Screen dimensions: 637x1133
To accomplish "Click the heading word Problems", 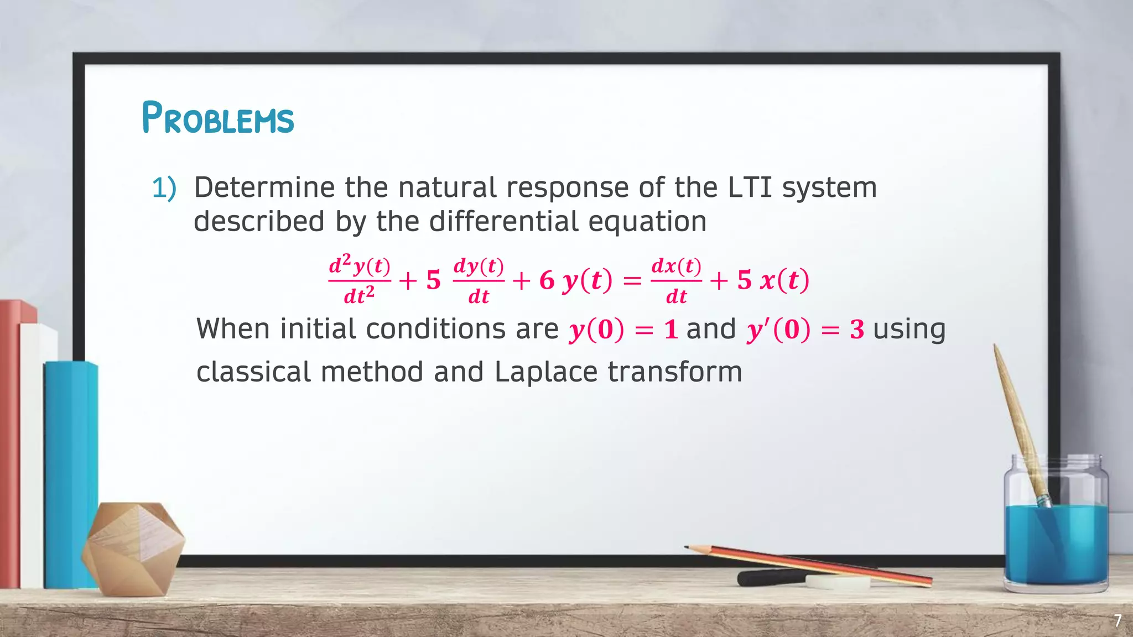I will click(x=217, y=118).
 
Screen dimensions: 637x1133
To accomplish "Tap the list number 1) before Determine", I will click(x=164, y=188).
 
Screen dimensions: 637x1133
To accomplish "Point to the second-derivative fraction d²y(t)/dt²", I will click(x=360, y=280).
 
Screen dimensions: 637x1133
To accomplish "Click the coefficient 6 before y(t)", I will click(x=547, y=280).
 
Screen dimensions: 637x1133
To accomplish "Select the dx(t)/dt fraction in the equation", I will click(x=676, y=280).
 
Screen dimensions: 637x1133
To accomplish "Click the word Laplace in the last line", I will click(x=545, y=372).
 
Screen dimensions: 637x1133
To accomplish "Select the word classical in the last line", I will click(x=253, y=372).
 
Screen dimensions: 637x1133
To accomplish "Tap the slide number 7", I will click(x=1118, y=621).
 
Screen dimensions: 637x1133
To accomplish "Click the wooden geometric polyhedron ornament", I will click(x=133, y=547).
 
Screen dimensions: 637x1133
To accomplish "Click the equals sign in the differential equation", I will click(x=632, y=281).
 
